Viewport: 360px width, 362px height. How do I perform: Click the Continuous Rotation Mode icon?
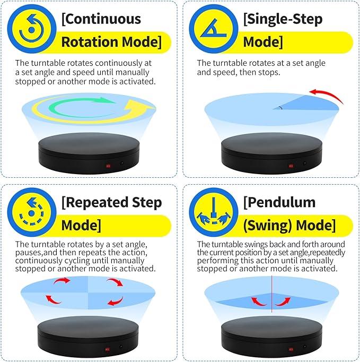pyautogui.click(x=31, y=30)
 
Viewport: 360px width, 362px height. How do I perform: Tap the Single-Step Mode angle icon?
pyautogui.click(x=212, y=30)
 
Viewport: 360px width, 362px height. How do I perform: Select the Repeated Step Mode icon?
pyautogui.click(x=31, y=212)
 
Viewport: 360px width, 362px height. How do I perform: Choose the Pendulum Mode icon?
pyautogui.click(x=212, y=212)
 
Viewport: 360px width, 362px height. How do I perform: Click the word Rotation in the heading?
pyautogui.click(x=90, y=42)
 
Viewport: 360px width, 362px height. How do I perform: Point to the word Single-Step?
pyautogui.click(x=276, y=20)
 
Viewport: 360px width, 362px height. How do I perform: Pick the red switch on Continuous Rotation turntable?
pyautogui.click(x=109, y=166)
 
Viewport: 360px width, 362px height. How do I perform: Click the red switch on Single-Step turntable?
pyautogui.click(x=291, y=166)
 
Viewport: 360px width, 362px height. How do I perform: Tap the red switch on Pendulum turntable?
pyautogui.click(x=291, y=348)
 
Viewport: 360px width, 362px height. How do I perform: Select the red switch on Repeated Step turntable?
pyautogui.click(x=109, y=348)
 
